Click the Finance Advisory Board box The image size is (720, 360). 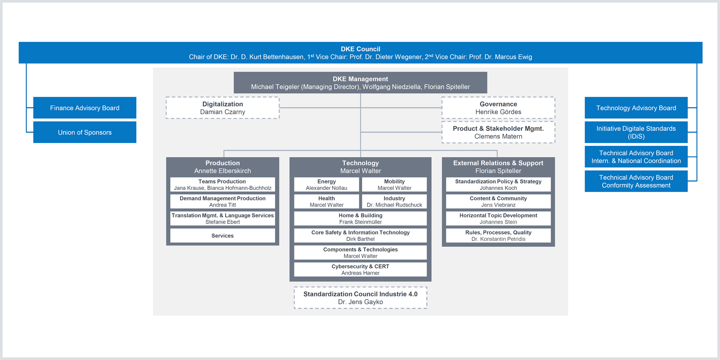tap(85, 108)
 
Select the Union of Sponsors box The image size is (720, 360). tap(85, 132)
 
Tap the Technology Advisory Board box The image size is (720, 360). tap(636, 108)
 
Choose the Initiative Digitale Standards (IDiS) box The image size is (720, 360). tap(636, 132)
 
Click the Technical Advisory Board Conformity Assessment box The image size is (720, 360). tap(636, 181)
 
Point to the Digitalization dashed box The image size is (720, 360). tap(222, 108)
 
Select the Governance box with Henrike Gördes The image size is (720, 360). tap(498, 108)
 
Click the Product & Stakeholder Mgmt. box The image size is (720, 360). tap(498, 132)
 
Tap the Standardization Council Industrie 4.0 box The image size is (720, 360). tap(360, 298)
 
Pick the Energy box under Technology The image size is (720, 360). tap(327, 184)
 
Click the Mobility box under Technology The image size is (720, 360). tap(394, 184)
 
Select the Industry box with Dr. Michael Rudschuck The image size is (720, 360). tap(394, 201)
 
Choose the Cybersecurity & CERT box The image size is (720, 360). tap(360, 269)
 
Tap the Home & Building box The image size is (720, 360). tap(360, 218)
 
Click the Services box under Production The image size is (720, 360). tap(222, 235)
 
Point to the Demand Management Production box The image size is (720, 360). tap(222, 201)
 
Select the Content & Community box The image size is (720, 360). tap(498, 201)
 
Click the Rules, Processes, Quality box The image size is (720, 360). tap(498, 235)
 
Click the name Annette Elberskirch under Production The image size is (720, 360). tap(222, 171)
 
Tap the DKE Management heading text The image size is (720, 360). tap(360, 79)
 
